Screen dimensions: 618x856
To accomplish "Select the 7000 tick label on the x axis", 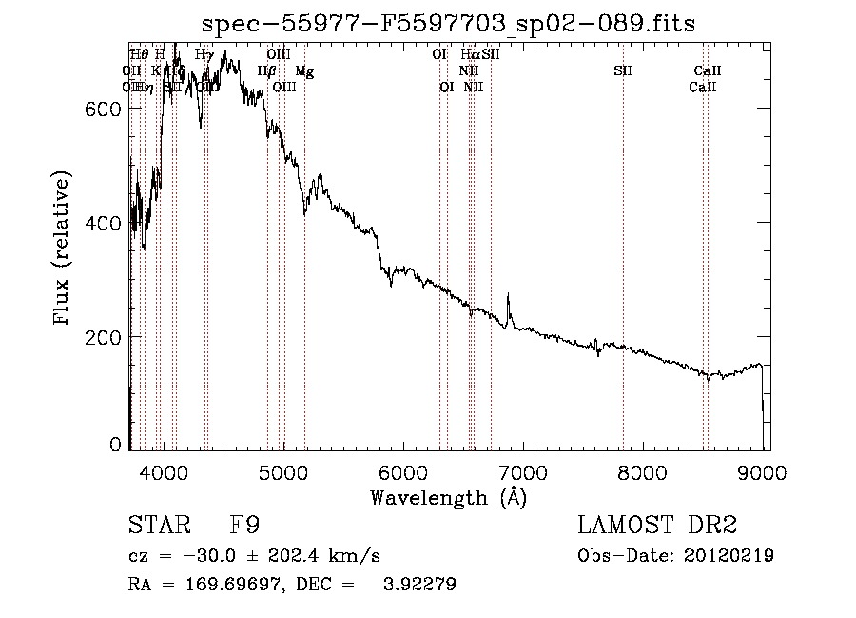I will coord(522,471).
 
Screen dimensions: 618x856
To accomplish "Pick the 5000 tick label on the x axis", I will coord(282,471).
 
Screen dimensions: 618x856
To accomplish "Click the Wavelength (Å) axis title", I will coord(448,497).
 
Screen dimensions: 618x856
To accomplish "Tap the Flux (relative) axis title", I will coord(63,249).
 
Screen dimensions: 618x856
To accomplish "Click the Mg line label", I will coord(303,71).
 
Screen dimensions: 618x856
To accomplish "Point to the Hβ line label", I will coord(266,71).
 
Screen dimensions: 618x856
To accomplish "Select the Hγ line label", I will coord(204,55).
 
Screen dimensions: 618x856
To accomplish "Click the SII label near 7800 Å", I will coord(623,71).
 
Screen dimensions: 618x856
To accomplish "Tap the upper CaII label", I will coord(708,71).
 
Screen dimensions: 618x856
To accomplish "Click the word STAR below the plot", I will coord(158,525).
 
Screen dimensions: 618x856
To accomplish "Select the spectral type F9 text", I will coord(245,525).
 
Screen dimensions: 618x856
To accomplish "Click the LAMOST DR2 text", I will coord(657,525).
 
